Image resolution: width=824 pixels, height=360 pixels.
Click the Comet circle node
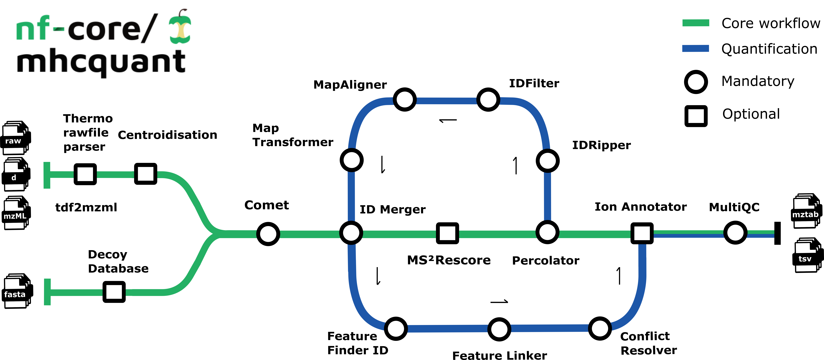[x=268, y=234]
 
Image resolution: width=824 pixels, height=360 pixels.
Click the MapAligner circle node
[x=405, y=99]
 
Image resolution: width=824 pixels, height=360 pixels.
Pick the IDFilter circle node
[x=488, y=99]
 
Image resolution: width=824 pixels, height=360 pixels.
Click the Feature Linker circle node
[x=499, y=329]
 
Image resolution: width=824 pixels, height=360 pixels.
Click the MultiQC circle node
[x=735, y=232]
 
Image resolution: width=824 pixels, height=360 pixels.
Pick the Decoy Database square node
[x=114, y=292]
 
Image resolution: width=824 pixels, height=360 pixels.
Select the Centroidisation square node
[x=146, y=174]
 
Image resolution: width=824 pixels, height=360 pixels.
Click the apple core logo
[x=180, y=27]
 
